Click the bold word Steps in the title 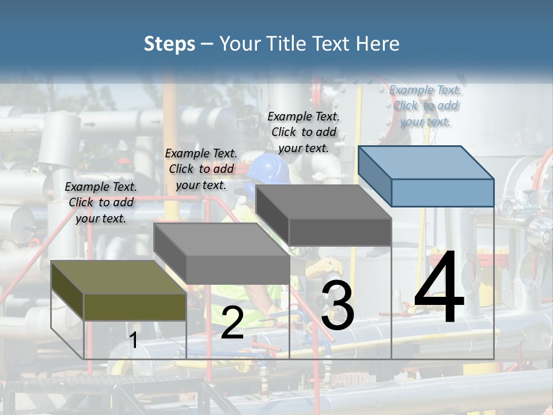click(169, 44)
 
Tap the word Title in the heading click(282, 44)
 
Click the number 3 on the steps click(338, 305)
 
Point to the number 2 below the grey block click(232, 323)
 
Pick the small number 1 click(133, 340)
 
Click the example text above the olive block click(101, 202)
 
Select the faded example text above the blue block click(425, 105)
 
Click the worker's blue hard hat click(268, 168)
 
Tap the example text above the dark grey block click(304, 132)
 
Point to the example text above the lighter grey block click(201, 169)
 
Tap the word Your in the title click(240, 44)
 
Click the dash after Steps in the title click(207, 44)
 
